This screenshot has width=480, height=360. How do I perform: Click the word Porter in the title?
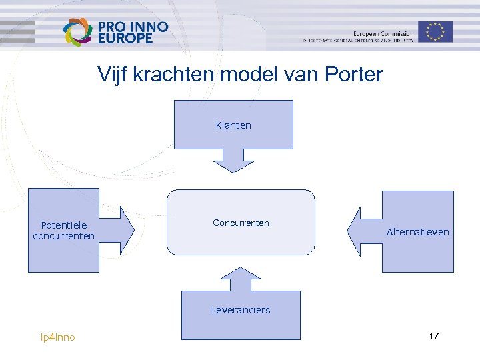pos(354,74)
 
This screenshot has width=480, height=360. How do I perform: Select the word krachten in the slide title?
pos(174,74)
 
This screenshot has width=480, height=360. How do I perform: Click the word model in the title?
pos(247,74)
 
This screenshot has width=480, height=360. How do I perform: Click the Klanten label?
pos(233,125)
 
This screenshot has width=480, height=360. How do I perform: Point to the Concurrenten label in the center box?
pos(241,223)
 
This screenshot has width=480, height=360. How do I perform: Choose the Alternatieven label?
pos(418,232)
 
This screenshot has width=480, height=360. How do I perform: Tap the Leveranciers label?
pos(241,310)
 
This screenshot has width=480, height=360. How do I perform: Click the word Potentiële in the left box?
pos(63,225)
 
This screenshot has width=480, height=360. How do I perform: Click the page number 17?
pos(433,336)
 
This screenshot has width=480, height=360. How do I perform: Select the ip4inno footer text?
pos(58,337)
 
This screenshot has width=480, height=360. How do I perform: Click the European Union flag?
pos(435,31)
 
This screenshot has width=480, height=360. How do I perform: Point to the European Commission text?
pos(383,33)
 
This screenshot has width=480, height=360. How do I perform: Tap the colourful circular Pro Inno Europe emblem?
pos(77,32)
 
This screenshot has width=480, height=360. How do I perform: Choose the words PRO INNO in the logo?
pos(133,27)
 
